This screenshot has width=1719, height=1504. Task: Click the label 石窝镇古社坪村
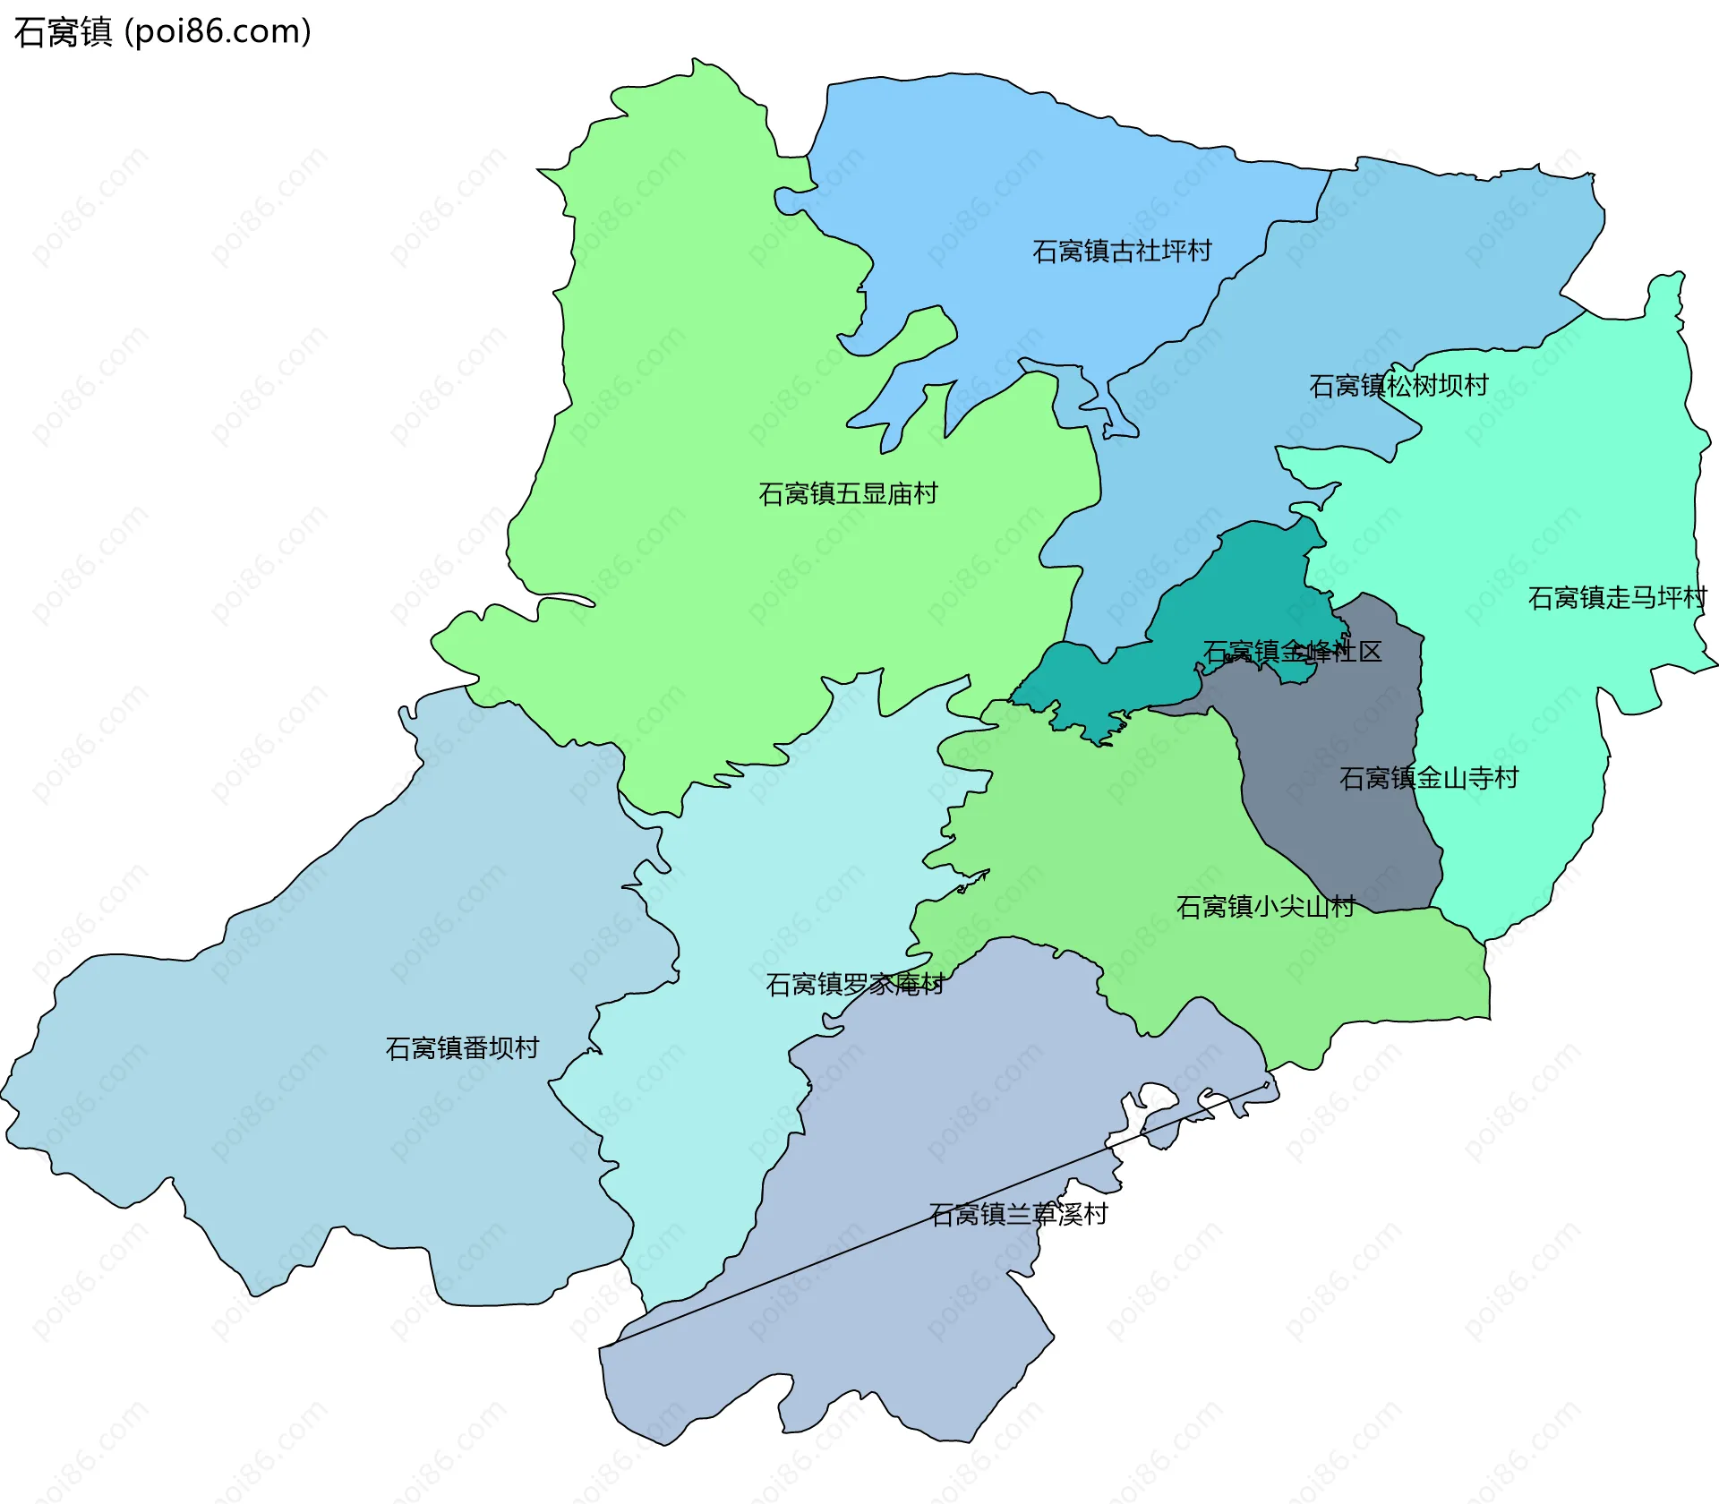click(x=1122, y=251)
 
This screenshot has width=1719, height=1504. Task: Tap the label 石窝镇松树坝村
click(x=1398, y=386)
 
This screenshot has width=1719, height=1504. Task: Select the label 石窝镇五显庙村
click(x=848, y=494)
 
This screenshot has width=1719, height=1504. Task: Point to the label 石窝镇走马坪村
click(x=1617, y=598)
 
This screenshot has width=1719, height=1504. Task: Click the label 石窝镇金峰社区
click(x=1292, y=652)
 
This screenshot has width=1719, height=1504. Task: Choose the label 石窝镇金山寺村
click(x=1429, y=778)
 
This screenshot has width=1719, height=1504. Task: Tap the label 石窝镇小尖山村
click(x=1265, y=907)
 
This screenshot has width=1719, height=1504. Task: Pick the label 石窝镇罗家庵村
click(x=855, y=985)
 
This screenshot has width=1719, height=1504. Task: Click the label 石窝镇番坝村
click(x=462, y=1048)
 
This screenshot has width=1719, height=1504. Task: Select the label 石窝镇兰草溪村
click(x=1019, y=1215)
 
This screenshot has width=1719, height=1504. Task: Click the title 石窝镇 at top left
click(x=63, y=32)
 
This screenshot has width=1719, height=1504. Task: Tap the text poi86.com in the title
click(x=218, y=32)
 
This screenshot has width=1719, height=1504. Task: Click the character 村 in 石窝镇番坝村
click(x=527, y=1048)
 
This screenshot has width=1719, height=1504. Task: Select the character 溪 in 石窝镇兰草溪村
click(x=1070, y=1215)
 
